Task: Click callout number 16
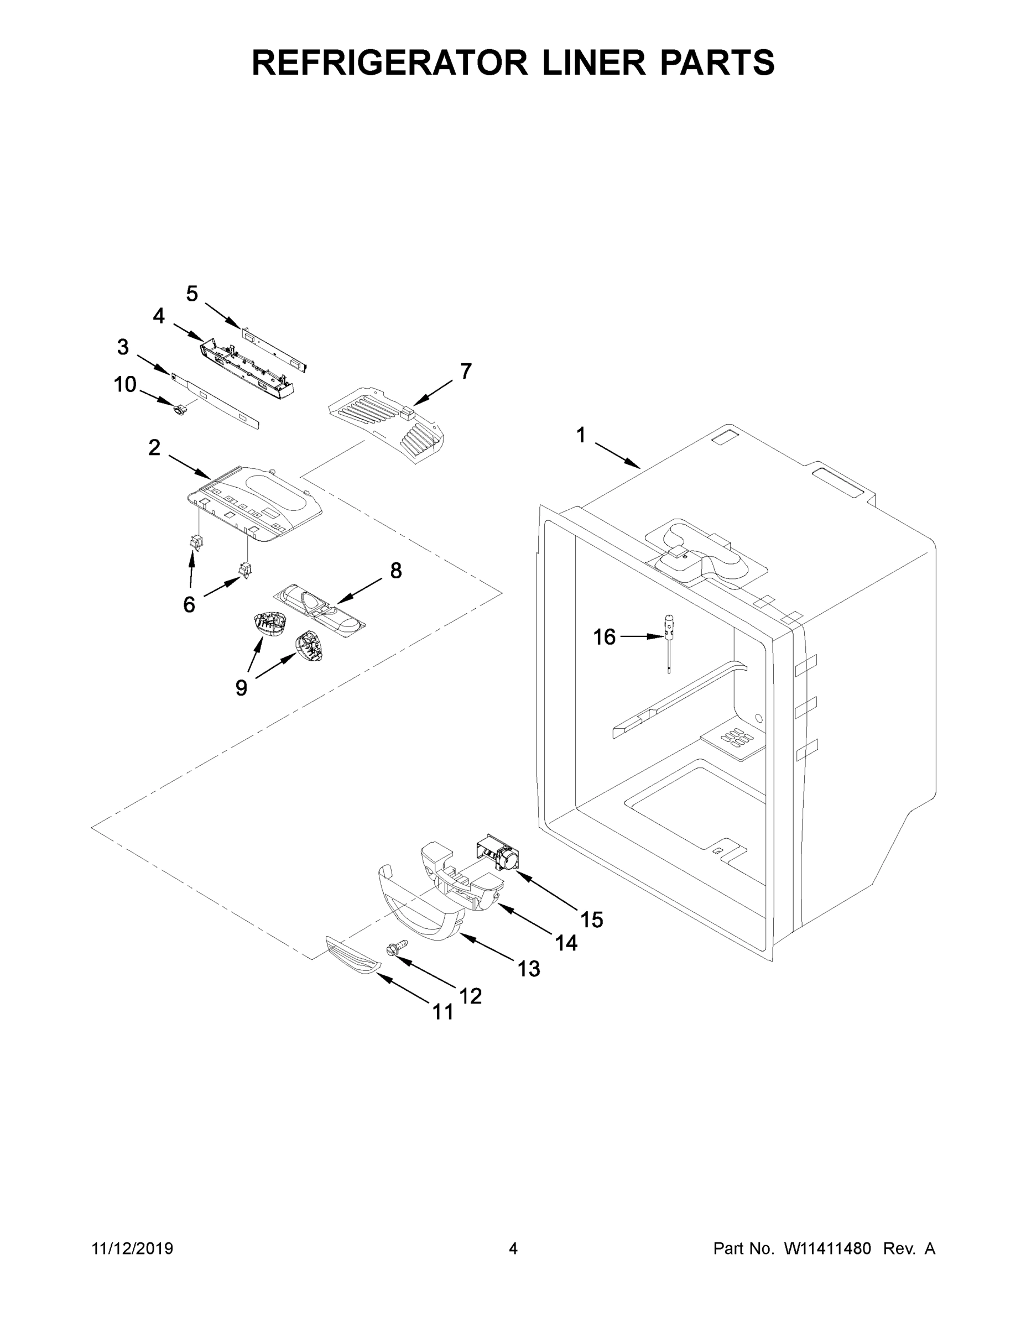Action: coord(604,637)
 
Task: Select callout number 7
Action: coord(466,370)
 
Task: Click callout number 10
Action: coord(125,384)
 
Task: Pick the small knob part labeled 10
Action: coord(179,411)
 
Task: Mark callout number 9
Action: coord(241,688)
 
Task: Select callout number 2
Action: coord(154,448)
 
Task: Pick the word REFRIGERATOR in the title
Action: coord(389,62)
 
